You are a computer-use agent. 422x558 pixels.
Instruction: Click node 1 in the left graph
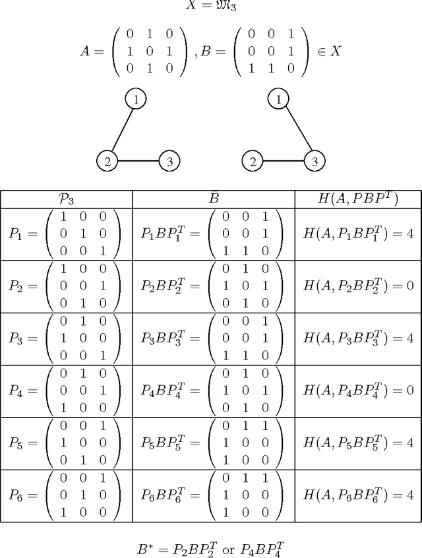[x=135, y=99]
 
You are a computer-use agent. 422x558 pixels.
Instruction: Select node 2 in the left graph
[x=107, y=160]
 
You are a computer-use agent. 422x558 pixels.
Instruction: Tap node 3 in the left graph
[x=169, y=160]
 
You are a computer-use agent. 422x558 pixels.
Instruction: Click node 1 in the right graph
[x=278, y=99]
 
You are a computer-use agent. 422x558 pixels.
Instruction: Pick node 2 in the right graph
[x=252, y=160]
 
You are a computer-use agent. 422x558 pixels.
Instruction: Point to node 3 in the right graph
[x=315, y=160]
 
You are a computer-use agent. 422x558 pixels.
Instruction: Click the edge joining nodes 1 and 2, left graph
[x=121, y=129]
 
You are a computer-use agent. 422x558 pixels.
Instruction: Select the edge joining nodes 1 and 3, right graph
[x=296, y=129]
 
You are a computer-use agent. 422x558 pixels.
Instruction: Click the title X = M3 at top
[x=211, y=6]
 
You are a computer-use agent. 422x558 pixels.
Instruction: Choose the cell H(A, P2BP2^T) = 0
[x=358, y=286]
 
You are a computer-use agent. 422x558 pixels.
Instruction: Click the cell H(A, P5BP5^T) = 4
[x=358, y=443]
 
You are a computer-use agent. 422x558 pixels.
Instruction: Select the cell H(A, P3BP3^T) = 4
[x=358, y=338]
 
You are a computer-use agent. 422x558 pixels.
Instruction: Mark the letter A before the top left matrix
[x=85, y=51]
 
